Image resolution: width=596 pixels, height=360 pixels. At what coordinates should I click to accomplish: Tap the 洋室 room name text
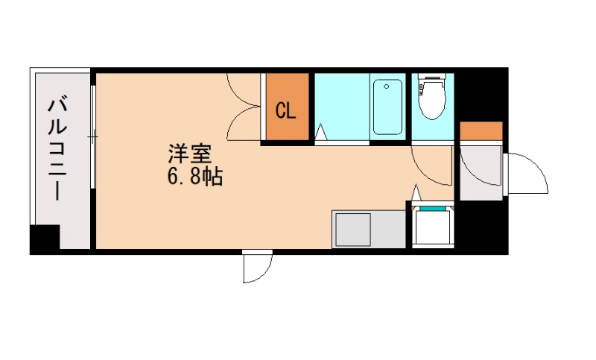[x=189, y=156]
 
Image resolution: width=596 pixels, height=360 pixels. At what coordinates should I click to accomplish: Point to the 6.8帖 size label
[x=196, y=178]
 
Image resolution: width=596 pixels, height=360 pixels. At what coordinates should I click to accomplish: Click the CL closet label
[x=286, y=112]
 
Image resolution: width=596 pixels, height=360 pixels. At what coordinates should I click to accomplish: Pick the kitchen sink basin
[x=352, y=229]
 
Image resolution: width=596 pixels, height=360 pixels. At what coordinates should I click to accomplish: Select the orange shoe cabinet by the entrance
[x=481, y=130]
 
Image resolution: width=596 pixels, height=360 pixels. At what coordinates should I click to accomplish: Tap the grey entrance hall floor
[x=481, y=171]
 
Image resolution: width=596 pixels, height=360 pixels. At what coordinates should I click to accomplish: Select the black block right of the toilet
[x=481, y=93]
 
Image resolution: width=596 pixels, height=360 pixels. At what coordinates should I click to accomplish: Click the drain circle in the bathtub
[x=387, y=86]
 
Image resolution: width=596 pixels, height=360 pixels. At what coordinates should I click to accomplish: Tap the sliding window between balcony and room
[x=93, y=137]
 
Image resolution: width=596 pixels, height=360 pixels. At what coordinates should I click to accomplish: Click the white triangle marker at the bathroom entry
[x=321, y=133]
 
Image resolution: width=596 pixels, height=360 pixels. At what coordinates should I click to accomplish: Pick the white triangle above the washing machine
[x=416, y=192]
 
